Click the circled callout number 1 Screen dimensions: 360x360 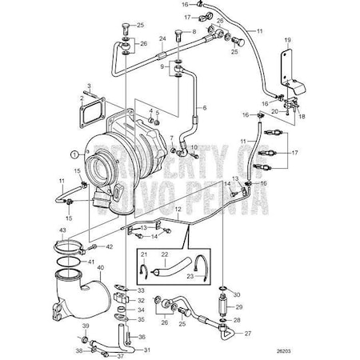coord(74,153)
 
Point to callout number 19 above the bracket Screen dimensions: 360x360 coord(286,38)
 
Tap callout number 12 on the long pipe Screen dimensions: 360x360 coord(178,209)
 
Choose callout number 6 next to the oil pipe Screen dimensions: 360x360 coord(203,106)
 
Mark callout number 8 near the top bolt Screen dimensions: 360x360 coord(191,31)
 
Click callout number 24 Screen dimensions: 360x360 coord(162,38)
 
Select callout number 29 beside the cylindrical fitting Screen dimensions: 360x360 coord(238,307)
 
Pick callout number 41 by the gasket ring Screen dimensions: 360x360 coord(90,262)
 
